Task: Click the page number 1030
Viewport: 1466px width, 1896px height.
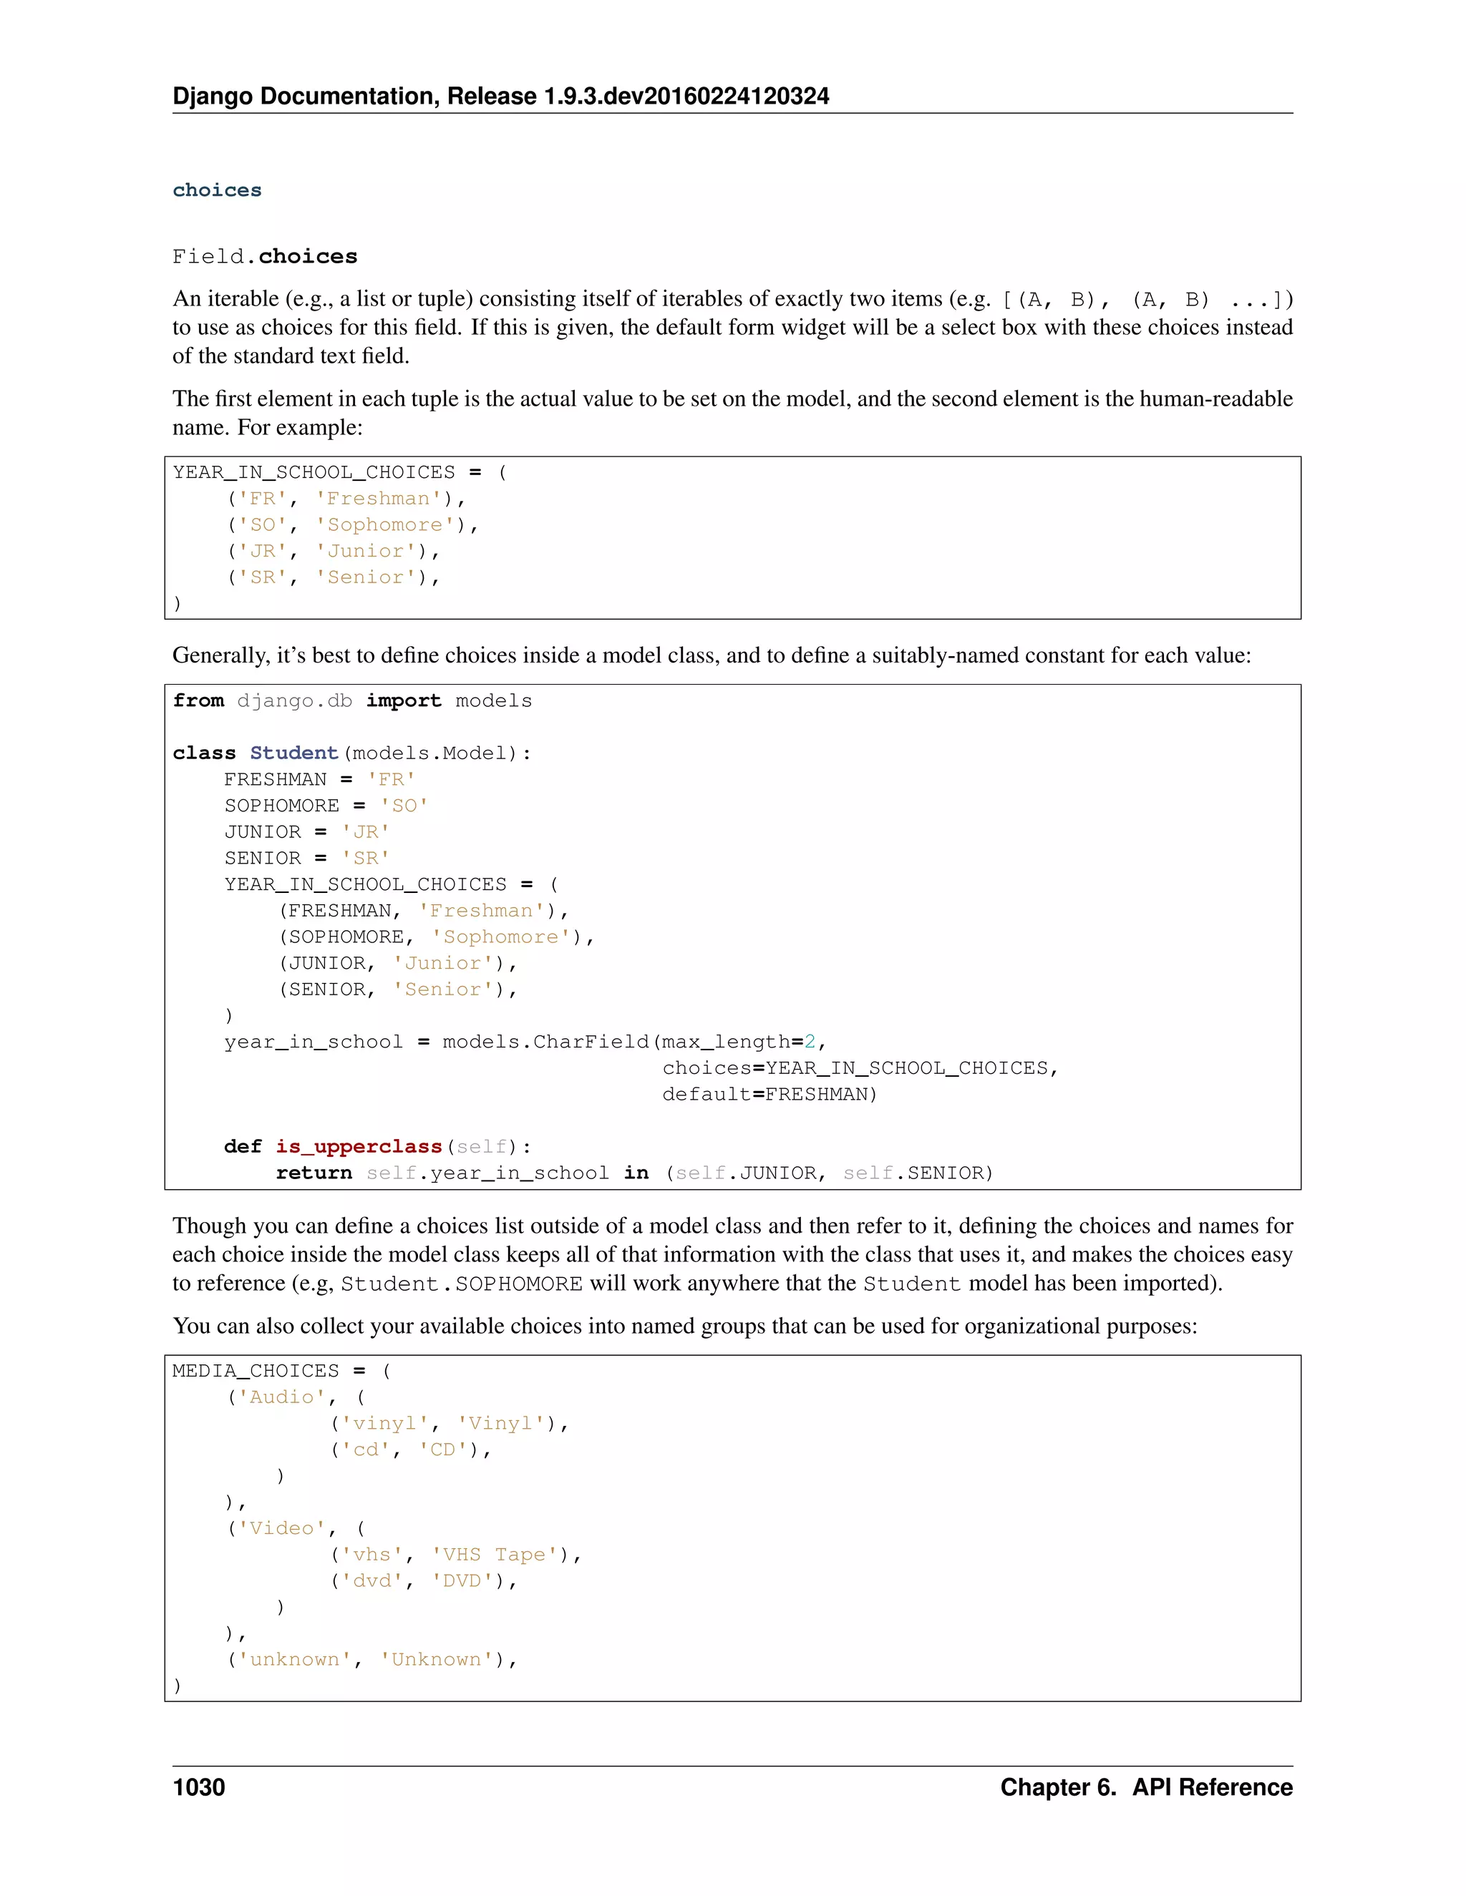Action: (199, 1787)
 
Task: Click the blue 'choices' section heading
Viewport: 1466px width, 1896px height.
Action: (217, 190)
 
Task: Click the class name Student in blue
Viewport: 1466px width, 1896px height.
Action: (293, 753)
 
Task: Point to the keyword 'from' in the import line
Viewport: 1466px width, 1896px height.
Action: (198, 700)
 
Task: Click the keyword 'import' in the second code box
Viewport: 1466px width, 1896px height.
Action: (403, 700)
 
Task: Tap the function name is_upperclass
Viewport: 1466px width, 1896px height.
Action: (359, 1147)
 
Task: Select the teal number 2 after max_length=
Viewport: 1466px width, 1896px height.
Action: (810, 1042)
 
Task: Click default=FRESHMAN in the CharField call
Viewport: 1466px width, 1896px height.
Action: (770, 1095)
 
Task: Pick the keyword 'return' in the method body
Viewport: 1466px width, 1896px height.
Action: (314, 1173)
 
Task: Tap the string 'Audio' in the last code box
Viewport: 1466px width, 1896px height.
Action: (281, 1397)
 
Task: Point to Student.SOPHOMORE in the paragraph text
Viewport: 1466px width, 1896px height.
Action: (461, 1284)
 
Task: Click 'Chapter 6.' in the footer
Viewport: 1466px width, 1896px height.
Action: (1057, 1787)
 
